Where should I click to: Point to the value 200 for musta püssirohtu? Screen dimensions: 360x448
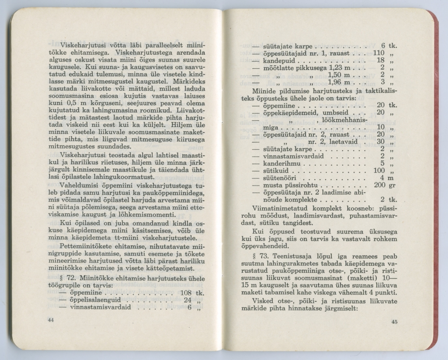pos(379,185)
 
